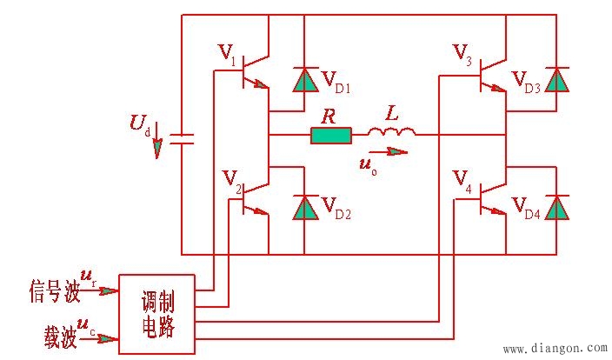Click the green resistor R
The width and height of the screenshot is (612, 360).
pos(331,135)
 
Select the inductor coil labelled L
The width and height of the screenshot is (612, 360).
pos(391,133)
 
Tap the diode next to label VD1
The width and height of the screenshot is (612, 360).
pos(303,79)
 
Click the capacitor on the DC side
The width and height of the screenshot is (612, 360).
pos(182,137)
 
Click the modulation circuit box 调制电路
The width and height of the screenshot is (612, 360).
pos(157,314)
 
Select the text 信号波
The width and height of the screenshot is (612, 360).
pos(53,292)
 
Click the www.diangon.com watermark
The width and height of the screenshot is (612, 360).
pos(555,349)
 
